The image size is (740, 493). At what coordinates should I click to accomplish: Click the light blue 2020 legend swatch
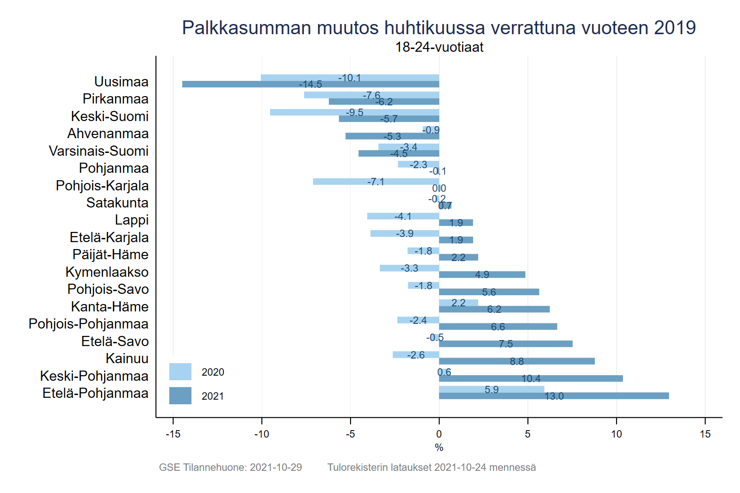[x=180, y=372]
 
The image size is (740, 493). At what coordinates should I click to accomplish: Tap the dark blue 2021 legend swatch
[x=180, y=396]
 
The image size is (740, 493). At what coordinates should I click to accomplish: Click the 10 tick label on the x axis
[x=617, y=434]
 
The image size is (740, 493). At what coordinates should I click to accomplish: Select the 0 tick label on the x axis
[x=439, y=434]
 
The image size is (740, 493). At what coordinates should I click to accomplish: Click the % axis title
[x=439, y=447]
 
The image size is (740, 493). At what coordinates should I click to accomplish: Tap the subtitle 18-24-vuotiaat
[x=439, y=47]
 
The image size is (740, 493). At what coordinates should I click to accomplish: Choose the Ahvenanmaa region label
[x=108, y=134]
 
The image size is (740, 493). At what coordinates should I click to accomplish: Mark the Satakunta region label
[x=117, y=203]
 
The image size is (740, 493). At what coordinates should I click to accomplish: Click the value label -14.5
[x=310, y=85]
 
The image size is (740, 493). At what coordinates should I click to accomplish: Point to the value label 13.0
[x=554, y=396]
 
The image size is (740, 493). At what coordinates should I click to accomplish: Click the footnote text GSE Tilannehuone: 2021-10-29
[x=230, y=467]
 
